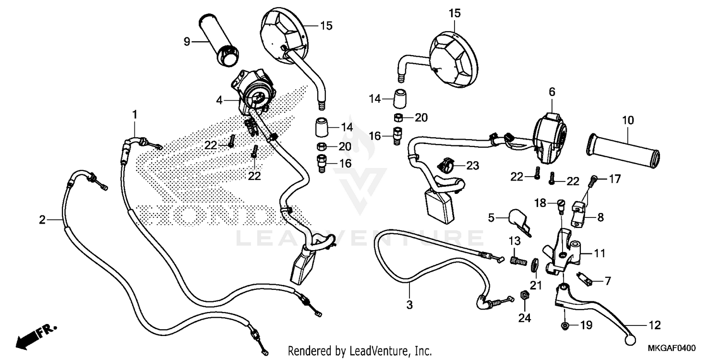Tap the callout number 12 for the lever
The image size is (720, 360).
(x=655, y=325)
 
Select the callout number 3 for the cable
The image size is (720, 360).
(x=409, y=304)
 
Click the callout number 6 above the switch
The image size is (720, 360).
(x=552, y=91)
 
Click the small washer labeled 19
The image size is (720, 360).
(x=565, y=326)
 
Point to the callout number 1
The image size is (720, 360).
(x=135, y=115)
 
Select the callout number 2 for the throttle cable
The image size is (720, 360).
(x=42, y=220)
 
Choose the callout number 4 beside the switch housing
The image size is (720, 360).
(x=219, y=100)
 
